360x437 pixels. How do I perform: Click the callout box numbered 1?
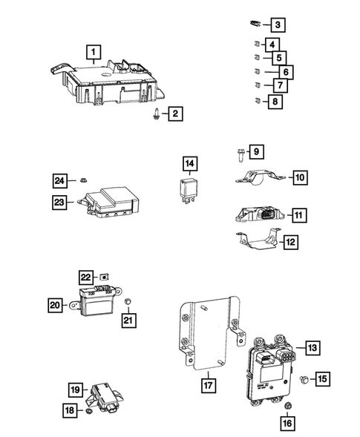tap(93, 53)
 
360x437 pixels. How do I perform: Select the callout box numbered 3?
tap(277, 26)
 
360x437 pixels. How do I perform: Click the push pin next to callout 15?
tap(304, 379)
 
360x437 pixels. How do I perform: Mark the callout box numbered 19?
tap(75, 390)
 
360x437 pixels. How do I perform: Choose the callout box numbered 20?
tap(55, 304)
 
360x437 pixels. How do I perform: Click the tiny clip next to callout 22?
tap(107, 275)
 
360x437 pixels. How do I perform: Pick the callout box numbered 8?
tap(276, 102)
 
